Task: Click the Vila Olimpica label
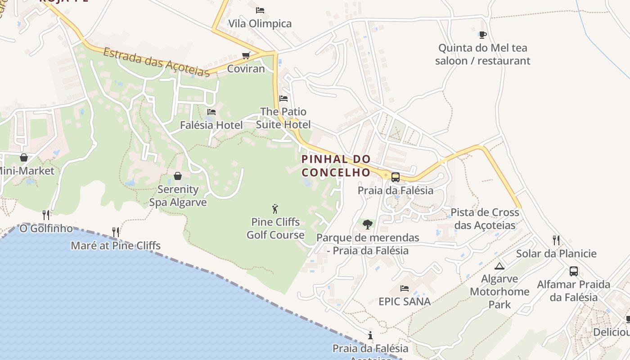click(260, 23)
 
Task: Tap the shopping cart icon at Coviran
click(246, 55)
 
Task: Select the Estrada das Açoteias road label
click(156, 62)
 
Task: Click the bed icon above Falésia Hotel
click(211, 112)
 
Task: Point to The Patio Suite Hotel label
click(283, 118)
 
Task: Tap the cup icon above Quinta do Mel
click(483, 35)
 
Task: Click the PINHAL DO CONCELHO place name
click(336, 166)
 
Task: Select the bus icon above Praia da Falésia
click(396, 177)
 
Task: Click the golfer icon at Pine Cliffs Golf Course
click(275, 209)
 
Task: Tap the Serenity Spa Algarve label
click(178, 196)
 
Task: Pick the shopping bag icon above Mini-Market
click(24, 157)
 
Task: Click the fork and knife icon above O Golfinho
click(46, 215)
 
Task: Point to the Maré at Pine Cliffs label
click(116, 246)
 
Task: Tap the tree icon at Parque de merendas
click(368, 224)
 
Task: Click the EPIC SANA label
click(405, 301)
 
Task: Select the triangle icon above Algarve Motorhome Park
click(499, 266)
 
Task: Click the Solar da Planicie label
click(556, 253)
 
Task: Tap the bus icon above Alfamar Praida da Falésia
click(574, 271)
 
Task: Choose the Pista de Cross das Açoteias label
click(485, 219)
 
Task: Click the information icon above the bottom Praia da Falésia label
click(370, 335)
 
